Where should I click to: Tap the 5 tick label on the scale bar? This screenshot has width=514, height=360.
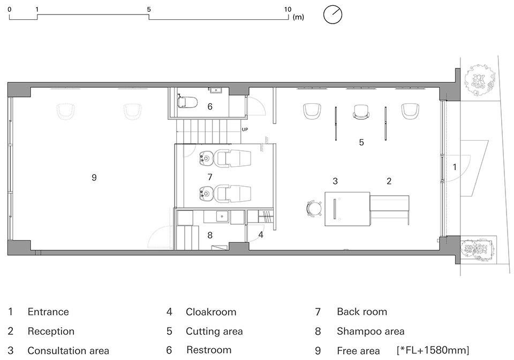point(149,10)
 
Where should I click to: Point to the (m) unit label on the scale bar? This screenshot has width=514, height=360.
point(298,17)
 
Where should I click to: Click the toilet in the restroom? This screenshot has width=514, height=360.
point(187,102)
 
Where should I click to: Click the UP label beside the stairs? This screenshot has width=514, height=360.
point(245,129)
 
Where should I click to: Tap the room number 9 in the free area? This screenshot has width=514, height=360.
point(94,178)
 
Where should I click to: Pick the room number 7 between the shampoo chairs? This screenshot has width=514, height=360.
point(210,177)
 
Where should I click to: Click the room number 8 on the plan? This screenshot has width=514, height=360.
point(210,235)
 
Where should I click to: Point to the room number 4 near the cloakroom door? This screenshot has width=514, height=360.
point(261,234)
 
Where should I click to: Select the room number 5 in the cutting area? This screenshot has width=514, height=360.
point(361,142)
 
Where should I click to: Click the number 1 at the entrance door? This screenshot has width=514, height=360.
point(455,167)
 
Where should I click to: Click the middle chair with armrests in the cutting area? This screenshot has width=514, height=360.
point(361,112)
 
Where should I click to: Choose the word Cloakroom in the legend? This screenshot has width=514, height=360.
point(211,312)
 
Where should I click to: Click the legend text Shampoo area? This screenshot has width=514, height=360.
point(371,332)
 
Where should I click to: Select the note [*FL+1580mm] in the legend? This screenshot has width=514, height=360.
point(433,350)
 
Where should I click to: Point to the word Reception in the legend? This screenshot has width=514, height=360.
point(51,332)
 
